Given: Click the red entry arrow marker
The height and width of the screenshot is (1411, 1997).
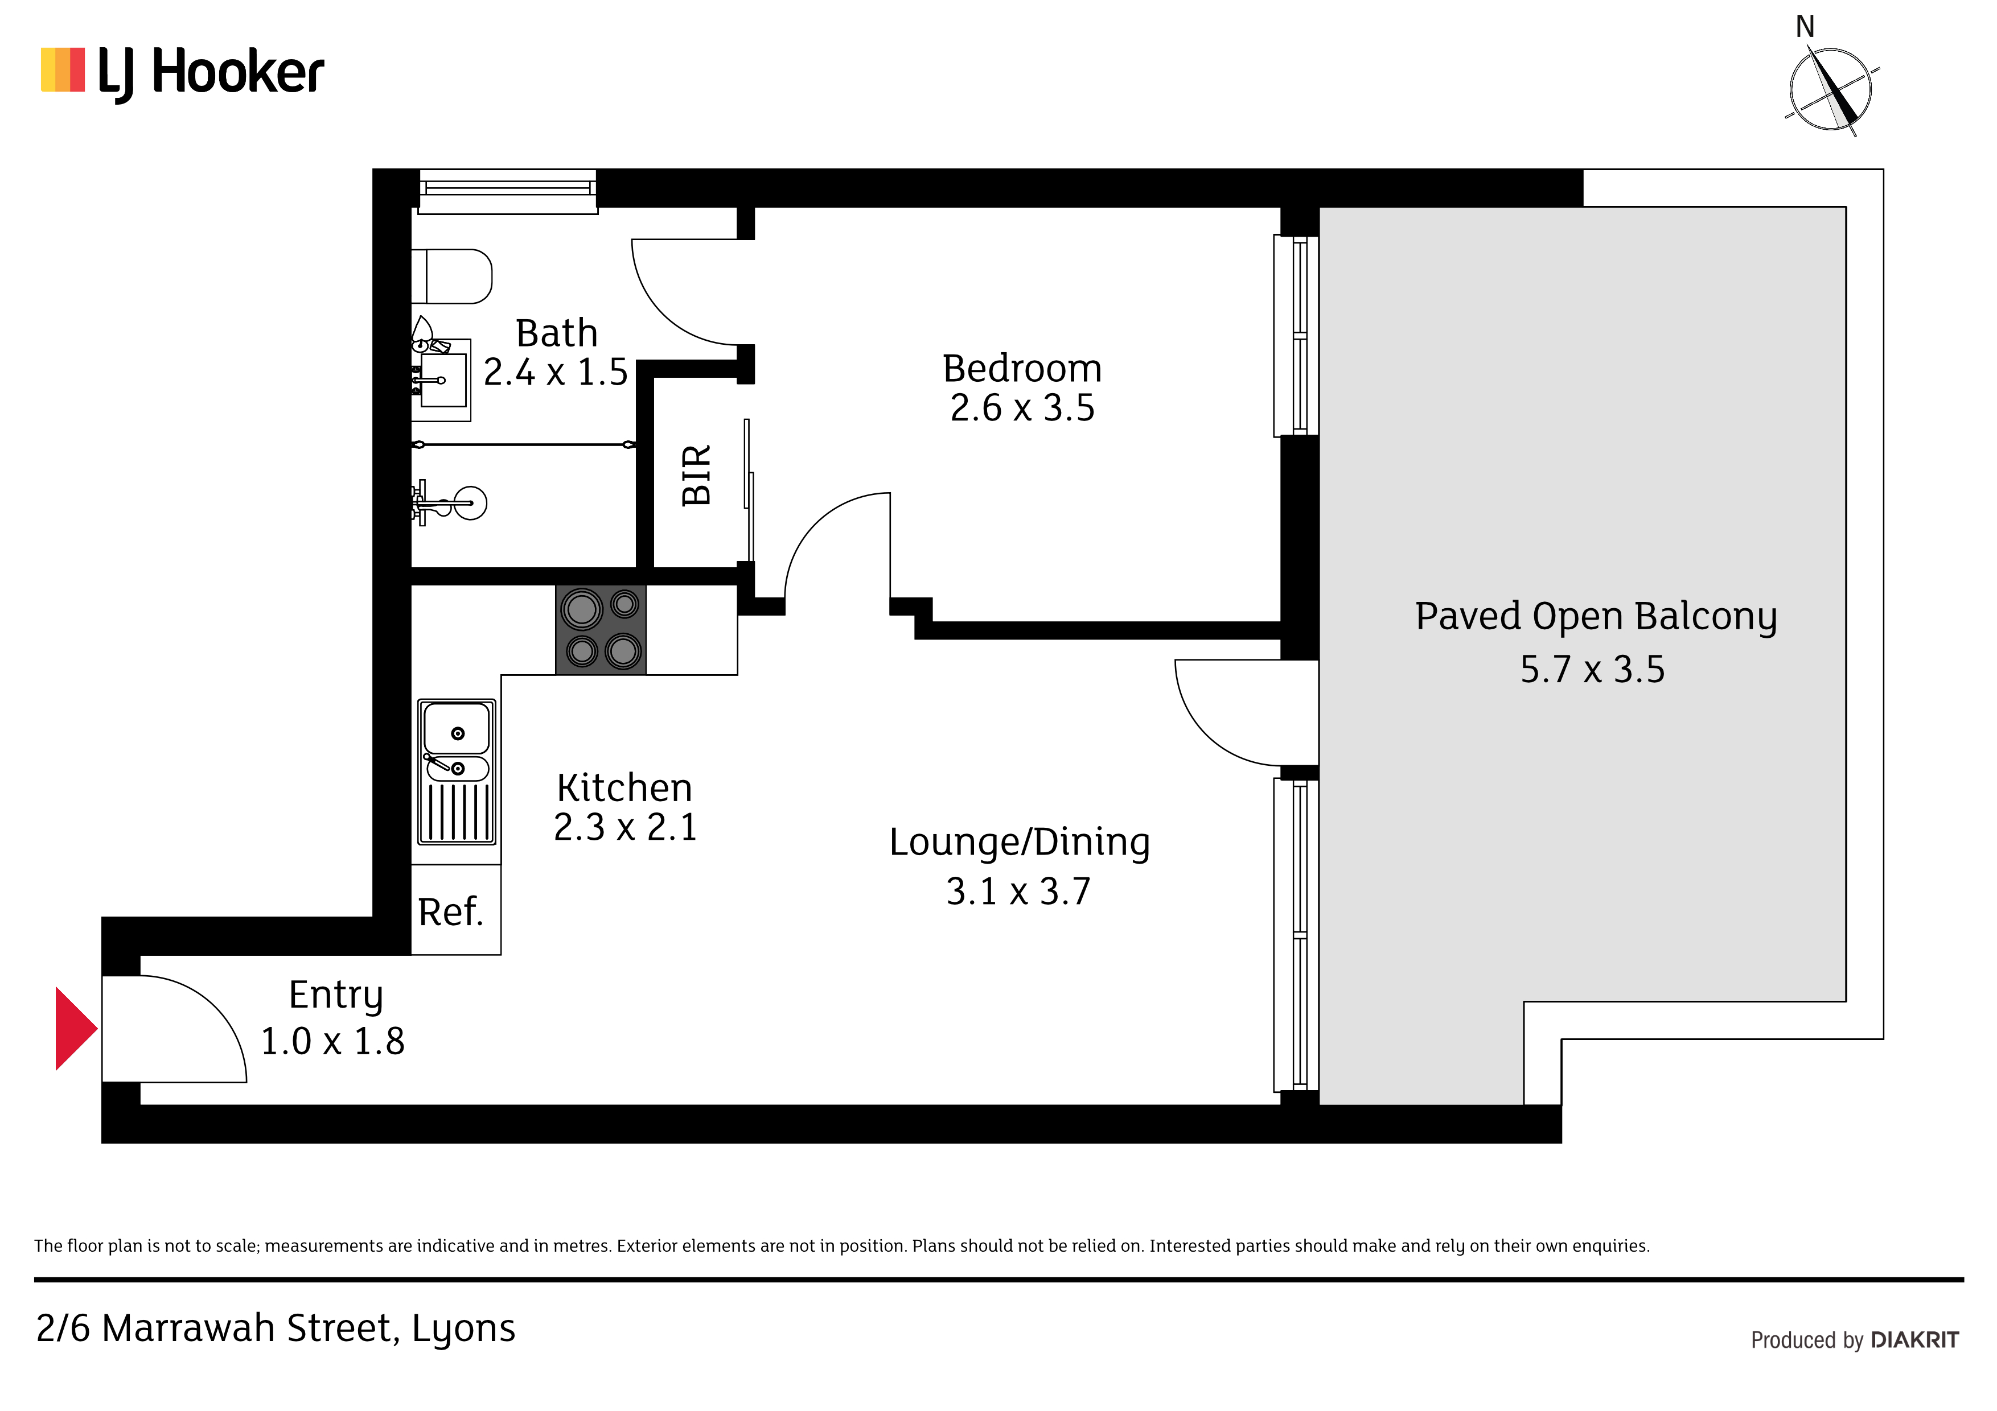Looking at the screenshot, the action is tap(75, 1029).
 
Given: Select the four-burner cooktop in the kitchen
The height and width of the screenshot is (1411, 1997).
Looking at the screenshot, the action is tap(601, 629).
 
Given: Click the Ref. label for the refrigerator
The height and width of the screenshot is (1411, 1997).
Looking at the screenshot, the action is tap(450, 913).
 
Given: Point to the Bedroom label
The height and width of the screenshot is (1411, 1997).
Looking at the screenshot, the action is tap(1022, 369).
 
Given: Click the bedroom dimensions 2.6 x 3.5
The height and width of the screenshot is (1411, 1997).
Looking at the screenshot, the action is tap(1022, 408).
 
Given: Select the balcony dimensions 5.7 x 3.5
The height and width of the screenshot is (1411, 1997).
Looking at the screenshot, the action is tap(1593, 670).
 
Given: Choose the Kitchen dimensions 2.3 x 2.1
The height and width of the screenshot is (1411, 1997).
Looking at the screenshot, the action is tap(626, 827).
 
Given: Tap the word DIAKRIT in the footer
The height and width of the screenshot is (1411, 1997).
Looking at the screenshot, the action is tap(1914, 1340).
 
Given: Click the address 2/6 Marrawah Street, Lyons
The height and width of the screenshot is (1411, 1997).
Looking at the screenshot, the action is tap(276, 1329).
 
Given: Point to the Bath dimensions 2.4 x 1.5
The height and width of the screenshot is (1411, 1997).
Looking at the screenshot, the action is tap(556, 372).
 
